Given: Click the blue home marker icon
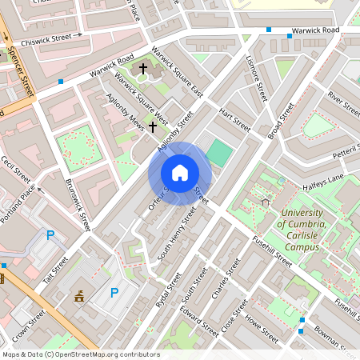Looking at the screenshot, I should point(179,172).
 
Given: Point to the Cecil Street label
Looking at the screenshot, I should point(15,170).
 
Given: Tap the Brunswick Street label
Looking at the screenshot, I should point(75,205).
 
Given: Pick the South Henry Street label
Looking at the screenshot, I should point(177,233).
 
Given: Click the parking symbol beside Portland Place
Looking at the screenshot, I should point(50,235).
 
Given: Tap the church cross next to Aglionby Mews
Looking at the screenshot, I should point(152,126).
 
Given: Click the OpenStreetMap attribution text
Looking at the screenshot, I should point(80,354).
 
